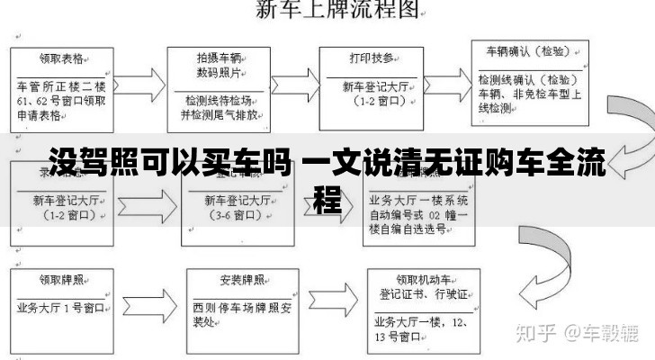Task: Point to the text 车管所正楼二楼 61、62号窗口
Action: click(x=62, y=101)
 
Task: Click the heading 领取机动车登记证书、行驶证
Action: click(x=422, y=286)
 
